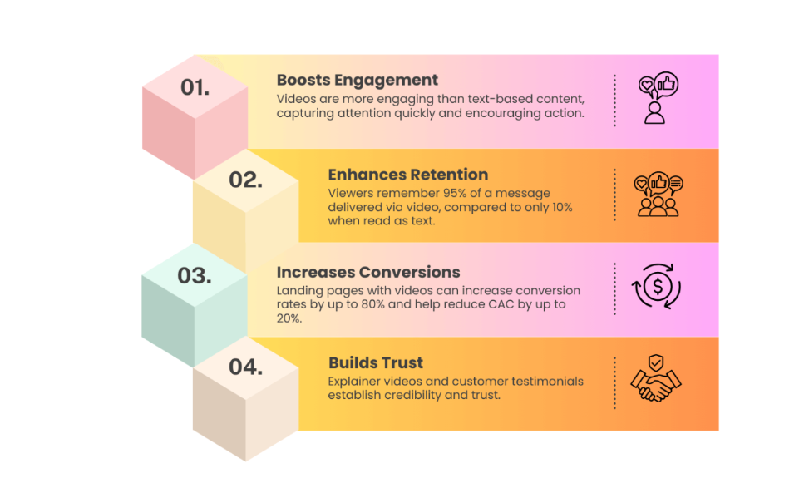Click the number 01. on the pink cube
point(195,86)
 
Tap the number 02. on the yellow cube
point(245,180)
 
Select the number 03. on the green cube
point(194,275)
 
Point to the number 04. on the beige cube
point(245,367)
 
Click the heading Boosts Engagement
point(357,80)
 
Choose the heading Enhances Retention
point(407,175)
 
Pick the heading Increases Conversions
point(369,272)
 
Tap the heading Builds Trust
point(375,362)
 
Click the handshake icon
point(656,382)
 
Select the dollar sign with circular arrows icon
point(657,288)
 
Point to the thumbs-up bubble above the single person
point(666,83)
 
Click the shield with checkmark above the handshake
point(657,362)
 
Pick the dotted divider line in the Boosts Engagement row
point(614,101)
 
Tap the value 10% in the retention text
point(559,206)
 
